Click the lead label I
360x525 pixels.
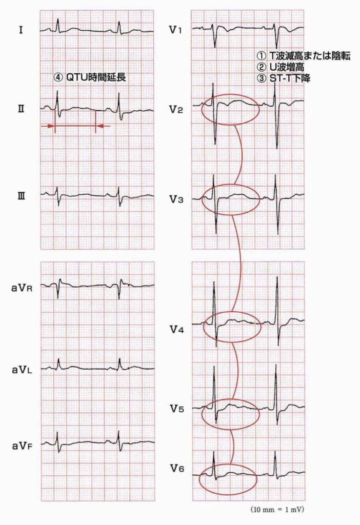point(20,30)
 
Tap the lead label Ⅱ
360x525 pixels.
point(21,109)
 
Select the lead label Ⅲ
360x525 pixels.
point(21,195)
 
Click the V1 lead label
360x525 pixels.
point(175,30)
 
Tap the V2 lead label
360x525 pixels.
point(176,109)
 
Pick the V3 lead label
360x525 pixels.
point(176,199)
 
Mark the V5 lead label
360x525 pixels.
point(176,409)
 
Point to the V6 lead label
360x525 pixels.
point(176,468)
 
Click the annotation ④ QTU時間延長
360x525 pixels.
point(90,78)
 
